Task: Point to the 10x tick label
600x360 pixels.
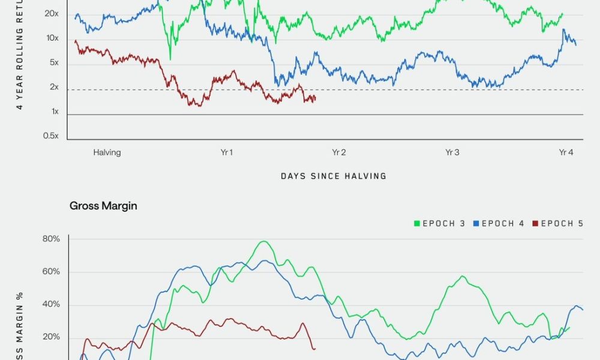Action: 52,38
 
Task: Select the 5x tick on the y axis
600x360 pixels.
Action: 53,63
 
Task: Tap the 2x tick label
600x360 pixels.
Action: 54,88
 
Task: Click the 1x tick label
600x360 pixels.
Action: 54,112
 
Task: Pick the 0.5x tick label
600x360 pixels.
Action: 50,136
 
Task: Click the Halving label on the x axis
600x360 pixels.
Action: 107,152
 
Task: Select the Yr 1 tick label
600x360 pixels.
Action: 226,152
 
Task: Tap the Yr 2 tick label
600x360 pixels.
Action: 339,152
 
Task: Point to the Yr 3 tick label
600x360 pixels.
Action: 452,152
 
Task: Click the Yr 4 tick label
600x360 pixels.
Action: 566,152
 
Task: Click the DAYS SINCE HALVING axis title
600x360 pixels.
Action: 334,176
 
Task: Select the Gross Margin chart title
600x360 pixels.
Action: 103,206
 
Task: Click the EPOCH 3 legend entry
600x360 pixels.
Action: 439,224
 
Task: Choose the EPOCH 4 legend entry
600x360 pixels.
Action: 499,224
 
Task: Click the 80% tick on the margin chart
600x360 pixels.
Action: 51,239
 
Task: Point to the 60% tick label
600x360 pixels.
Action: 51,272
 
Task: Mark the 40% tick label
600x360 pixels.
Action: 51,304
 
